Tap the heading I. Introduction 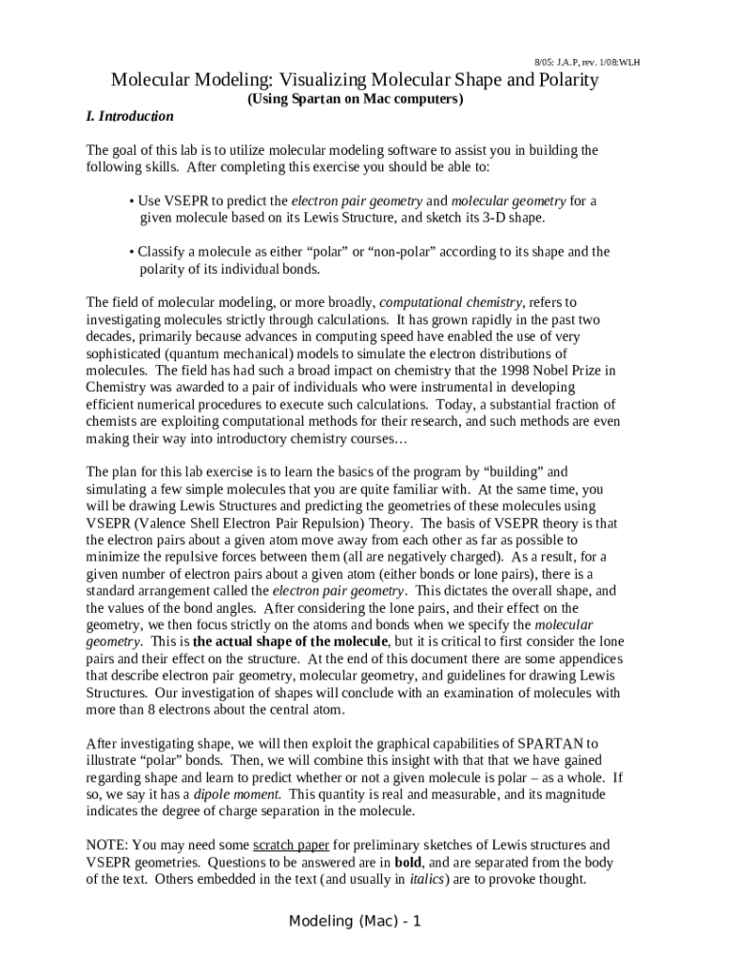tap(129, 116)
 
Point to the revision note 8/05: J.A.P tap(565, 63)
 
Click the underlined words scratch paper tap(284, 845)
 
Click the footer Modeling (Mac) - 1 tap(355, 923)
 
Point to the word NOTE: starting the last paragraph tap(107, 845)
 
